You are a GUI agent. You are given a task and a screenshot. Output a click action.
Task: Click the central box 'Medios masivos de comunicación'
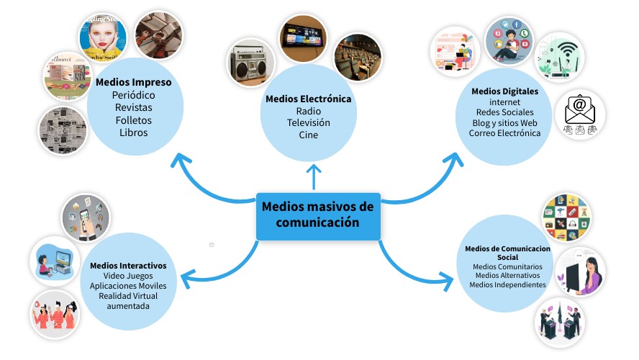(x=318, y=215)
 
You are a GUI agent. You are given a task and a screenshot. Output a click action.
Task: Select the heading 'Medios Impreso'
(x=134, y=82)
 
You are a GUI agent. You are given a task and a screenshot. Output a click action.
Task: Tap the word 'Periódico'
(x=134, y=95)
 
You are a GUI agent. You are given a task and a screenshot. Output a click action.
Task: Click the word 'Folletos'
(x=134, y=120)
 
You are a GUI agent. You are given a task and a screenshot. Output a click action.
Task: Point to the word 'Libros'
(x=134, y=132)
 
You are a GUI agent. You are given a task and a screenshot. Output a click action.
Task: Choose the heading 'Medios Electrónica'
(x=309, y=99)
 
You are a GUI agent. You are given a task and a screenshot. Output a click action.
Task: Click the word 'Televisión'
(x=309, y=123)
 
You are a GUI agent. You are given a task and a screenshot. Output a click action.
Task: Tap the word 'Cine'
(x=309, y=135)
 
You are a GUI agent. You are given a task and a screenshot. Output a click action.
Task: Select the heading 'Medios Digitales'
(x=505, y=91)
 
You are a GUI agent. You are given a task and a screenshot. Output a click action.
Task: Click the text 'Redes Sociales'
(x=505, y=112)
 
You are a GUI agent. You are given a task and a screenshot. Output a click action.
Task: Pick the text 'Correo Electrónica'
(x=505, y=133)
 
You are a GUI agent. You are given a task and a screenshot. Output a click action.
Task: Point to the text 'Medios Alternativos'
(x=507, y=275)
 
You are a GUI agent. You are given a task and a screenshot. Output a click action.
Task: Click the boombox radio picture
(x=251, y=63)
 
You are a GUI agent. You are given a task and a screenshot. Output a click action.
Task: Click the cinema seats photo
(x=357, y=56)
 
